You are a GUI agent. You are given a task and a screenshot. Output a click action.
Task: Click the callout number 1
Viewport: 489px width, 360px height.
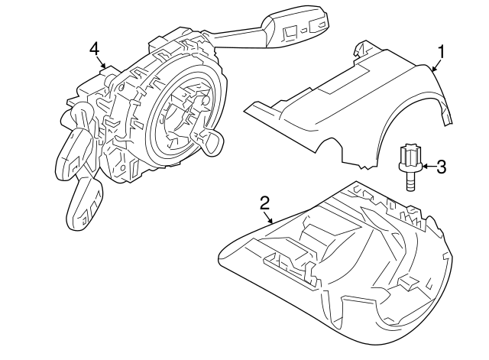[440, 52]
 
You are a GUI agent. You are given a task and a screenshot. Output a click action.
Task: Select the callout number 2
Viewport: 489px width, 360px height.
[264, 203]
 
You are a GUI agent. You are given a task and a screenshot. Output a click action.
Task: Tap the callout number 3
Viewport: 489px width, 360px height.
[441, 166]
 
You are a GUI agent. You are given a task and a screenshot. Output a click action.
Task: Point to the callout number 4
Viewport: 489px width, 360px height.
[94, 49]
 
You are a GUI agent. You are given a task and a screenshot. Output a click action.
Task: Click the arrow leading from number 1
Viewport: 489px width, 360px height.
[435, 64]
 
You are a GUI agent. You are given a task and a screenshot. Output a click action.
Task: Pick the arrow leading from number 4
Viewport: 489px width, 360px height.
[102, 63]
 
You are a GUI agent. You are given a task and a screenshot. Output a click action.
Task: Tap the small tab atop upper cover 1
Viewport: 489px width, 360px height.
[358, 50]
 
